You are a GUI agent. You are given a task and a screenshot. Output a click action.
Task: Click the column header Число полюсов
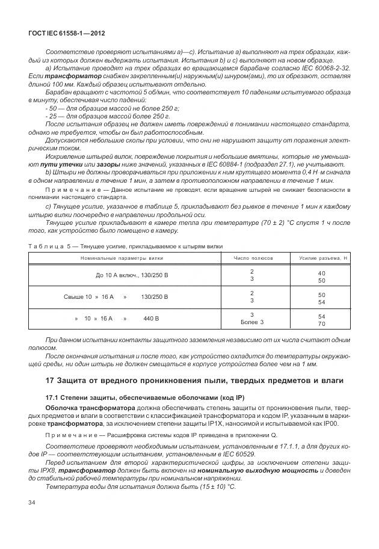253,258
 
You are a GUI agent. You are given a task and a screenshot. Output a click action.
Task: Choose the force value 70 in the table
321,324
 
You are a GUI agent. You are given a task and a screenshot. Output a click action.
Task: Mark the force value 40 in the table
321,273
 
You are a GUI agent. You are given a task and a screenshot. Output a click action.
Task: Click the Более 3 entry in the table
253,323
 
